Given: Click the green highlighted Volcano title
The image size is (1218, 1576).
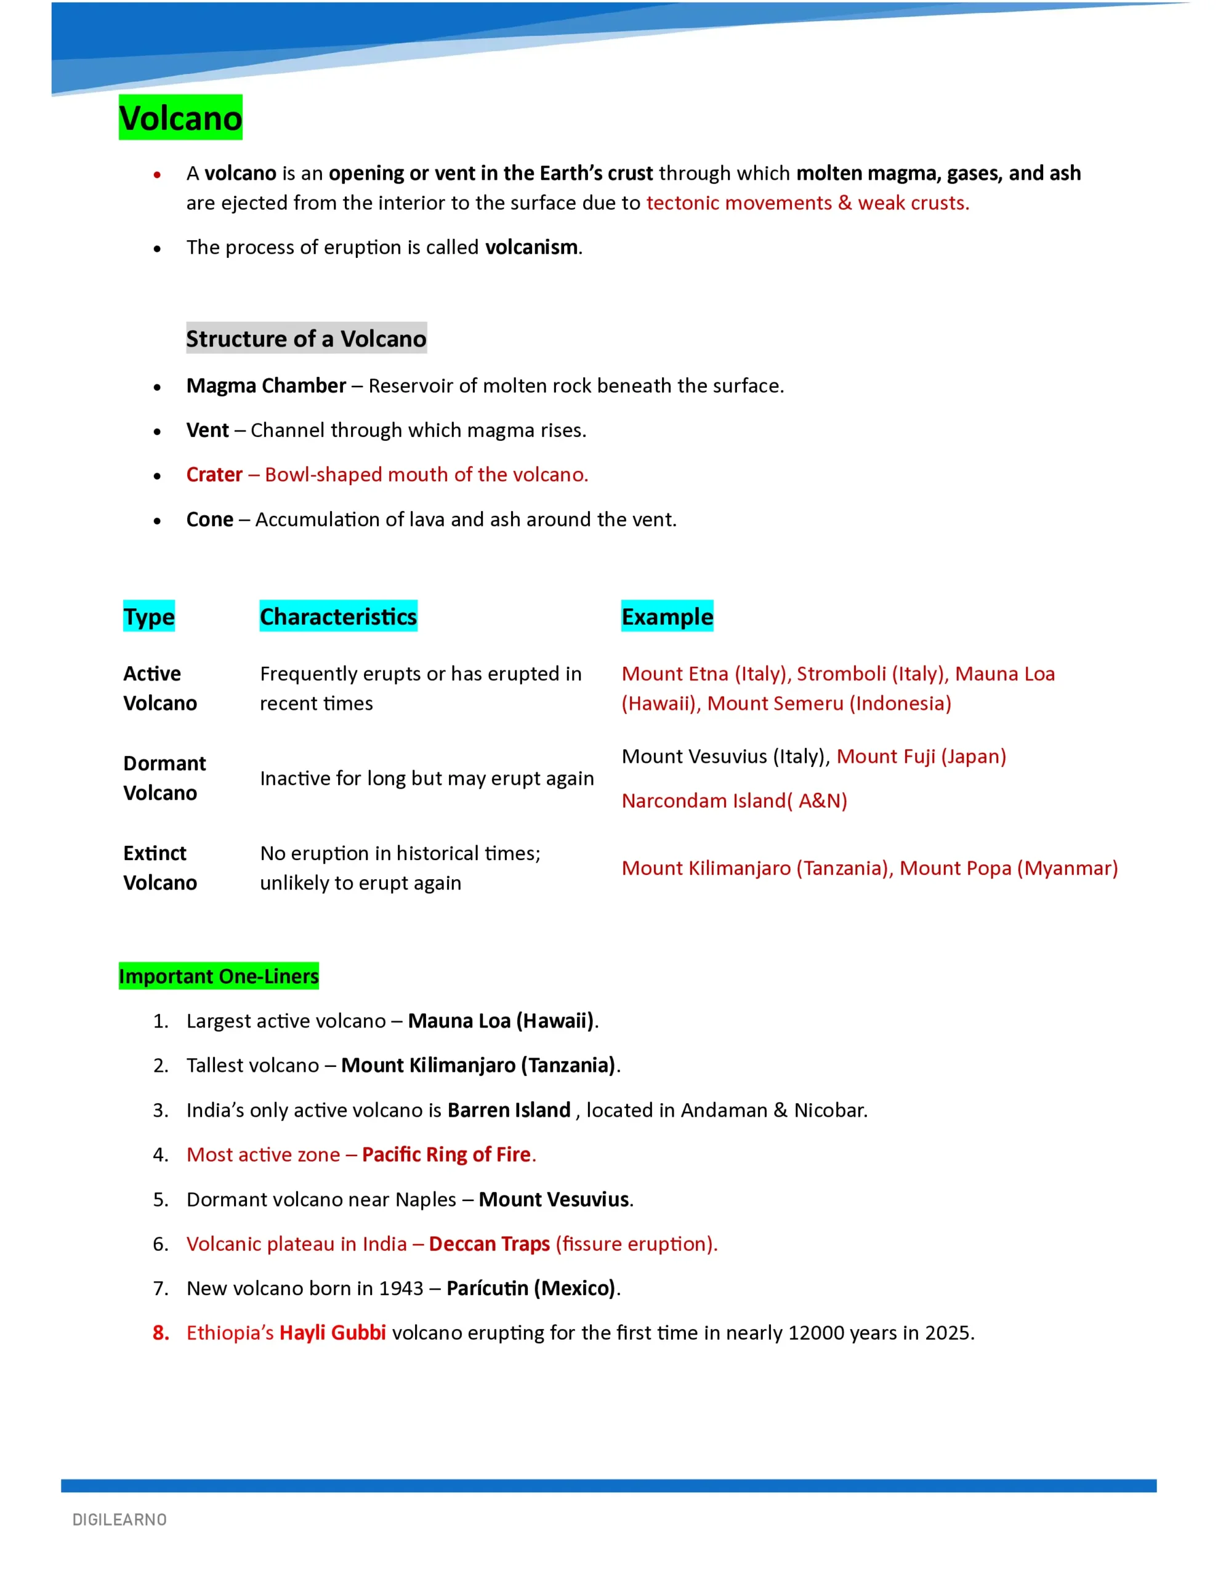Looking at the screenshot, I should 180,118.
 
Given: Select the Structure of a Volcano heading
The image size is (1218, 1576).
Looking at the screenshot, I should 306,339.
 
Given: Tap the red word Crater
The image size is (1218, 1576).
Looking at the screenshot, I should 214,475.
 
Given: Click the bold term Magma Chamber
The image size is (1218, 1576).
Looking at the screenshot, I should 265,386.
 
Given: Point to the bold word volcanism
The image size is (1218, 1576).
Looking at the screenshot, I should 531,247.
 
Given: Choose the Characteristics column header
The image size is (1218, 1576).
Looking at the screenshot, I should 338,617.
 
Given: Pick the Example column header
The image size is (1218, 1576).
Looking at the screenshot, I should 667,617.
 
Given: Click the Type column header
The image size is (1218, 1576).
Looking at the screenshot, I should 149,617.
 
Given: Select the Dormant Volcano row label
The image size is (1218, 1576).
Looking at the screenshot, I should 164,778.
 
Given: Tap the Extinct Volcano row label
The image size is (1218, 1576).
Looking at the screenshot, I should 159,868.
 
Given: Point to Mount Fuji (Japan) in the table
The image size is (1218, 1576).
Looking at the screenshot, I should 921,756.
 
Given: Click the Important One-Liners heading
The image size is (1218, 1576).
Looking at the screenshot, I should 219,976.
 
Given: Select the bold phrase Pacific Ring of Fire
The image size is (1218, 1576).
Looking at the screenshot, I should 446,1154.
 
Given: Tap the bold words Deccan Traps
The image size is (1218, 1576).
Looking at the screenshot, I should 490,1244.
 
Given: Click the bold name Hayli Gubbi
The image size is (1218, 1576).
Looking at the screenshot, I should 333,1333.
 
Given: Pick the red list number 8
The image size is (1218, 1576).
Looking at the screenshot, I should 160,1333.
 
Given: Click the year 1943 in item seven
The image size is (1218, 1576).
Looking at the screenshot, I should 401,1289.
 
